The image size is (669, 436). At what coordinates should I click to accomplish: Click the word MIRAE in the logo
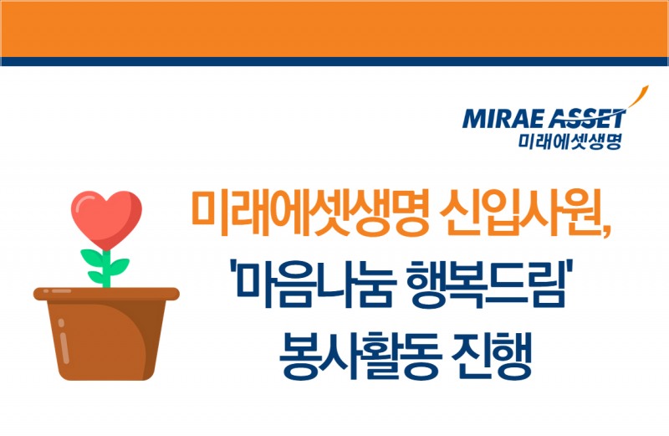coord(495,118)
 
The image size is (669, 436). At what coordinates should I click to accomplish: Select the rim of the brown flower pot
coord(106,294)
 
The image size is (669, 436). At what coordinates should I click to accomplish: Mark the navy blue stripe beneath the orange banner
coord(334,61)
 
